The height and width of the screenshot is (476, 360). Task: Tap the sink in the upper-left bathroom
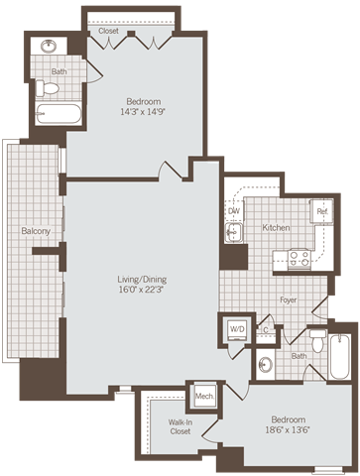[48, 47]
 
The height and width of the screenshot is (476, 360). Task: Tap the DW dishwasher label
[234, 211]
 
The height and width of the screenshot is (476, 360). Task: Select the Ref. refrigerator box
[322, 211]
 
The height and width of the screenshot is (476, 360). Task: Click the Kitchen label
[276, 228]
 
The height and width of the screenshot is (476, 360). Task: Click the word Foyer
[289, 297]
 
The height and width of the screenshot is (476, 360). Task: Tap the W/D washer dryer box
[236, 329]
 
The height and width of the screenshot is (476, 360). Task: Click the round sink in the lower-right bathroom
[265, 363]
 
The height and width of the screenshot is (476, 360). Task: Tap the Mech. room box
[204, 396]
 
